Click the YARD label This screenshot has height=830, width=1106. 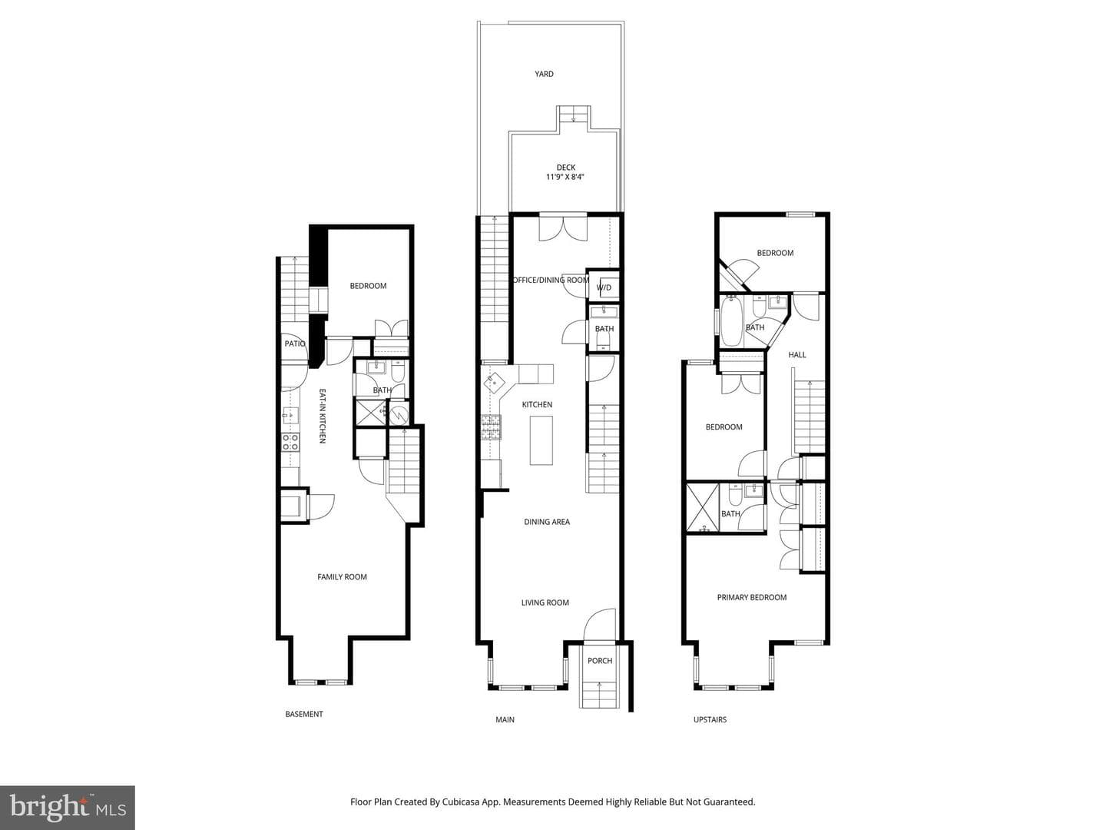[x=544, y=74]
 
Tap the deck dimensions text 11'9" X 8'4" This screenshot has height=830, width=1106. [x=565, y=177]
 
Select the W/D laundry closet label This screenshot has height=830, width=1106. [x=604, y=287]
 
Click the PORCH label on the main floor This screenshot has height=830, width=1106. [x=600, y=661]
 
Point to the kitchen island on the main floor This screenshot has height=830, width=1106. [x=541, y=440]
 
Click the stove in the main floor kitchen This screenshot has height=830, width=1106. [x=492, y=427]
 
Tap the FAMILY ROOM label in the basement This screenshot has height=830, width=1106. [x=342, y=577]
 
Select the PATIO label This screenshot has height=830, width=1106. [x=295, y=344]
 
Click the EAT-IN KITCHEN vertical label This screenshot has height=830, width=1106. [x=323, y=416]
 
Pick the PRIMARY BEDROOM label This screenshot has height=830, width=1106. [x=751, y=598]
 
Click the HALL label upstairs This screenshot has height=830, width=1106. [x=796, y=355]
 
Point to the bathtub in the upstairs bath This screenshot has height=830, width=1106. [x=730, y=322]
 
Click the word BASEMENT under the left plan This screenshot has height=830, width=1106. [x=304, y=714]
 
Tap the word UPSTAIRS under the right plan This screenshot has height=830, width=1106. [x=710, y=719]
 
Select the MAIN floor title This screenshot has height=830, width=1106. [x=505, y=719]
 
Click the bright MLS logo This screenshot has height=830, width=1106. [x=68, y=808]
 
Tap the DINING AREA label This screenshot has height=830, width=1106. [x=547, y=522]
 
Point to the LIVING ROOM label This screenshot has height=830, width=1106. [x=545, y=603]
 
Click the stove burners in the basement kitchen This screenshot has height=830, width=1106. [x=290, y=443]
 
